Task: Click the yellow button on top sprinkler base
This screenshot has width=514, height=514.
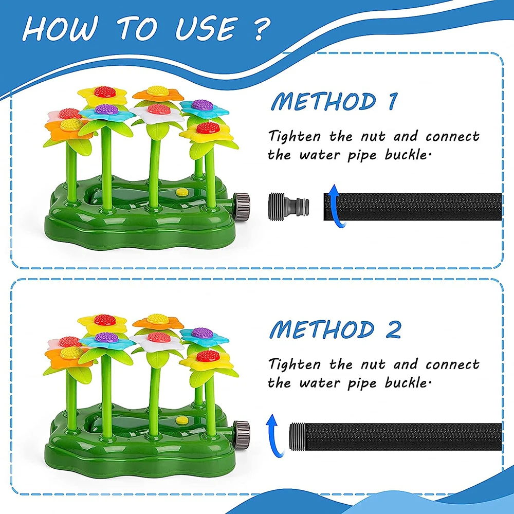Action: pos(181,192)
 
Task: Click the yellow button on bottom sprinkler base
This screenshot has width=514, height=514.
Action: pos(181,420)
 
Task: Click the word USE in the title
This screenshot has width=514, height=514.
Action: pos(201,29)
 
